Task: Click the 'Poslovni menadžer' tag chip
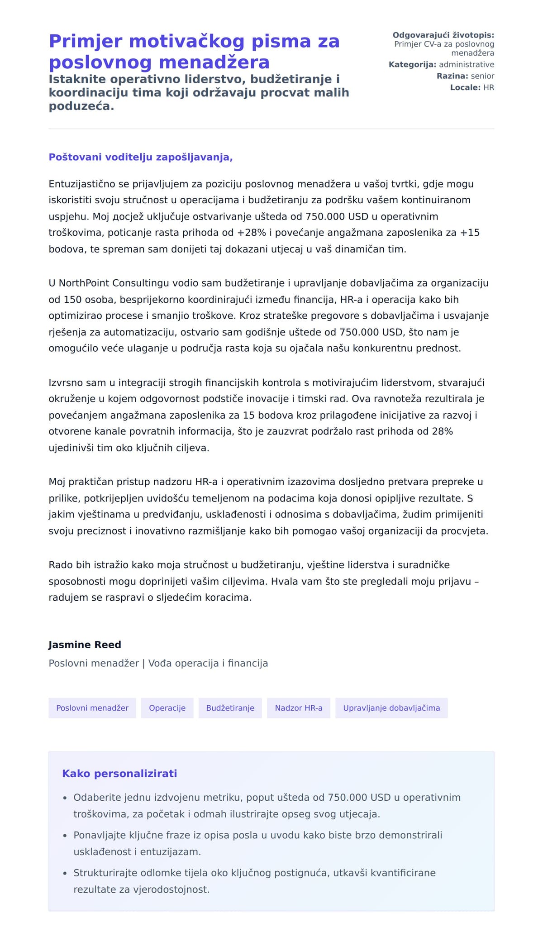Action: (x=92, y=708)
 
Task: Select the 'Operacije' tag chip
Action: (x=167, y=708)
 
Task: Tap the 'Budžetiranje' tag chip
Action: (x=230, y=708)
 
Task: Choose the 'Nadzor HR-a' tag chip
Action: (x=299, y=708)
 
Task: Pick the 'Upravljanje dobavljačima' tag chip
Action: (x=391, y=708)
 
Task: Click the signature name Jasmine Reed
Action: (x=85, y=645)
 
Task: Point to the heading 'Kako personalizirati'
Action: (x=119, y=774)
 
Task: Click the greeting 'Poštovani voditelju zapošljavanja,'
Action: (x=141, y=158)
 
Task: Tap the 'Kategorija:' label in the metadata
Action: (x=412, y=65)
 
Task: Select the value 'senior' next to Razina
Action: (x=482, y=76)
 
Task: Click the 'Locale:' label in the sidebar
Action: (x=465, y=87)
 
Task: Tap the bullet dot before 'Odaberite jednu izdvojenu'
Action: (x=65, y=798)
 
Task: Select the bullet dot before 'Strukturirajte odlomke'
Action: (x=65, y=873)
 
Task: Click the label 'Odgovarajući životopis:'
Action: (x=443, y=35)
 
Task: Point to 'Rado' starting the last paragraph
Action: (x=60, y=565)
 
